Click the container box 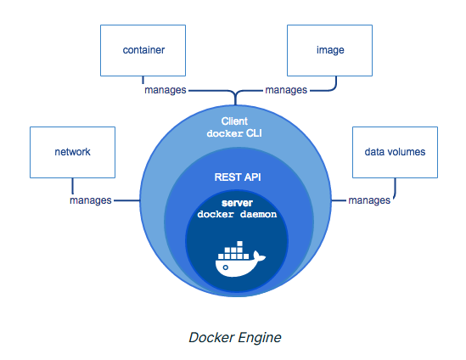(x=143, y=50)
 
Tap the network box (x=72, y=152)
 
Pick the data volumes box (x=394, y=152)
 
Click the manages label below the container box (x=165, y=89)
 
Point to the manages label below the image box (x=286, y=89)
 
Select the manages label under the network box (x=91, y=200)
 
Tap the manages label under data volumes (x=369, y=200)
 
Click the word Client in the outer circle (x=233, y=121)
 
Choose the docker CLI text (x=233, y=134)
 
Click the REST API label (x=233, y=176)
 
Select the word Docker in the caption (x=210, y=337)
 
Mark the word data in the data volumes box (x=374, y=152)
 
